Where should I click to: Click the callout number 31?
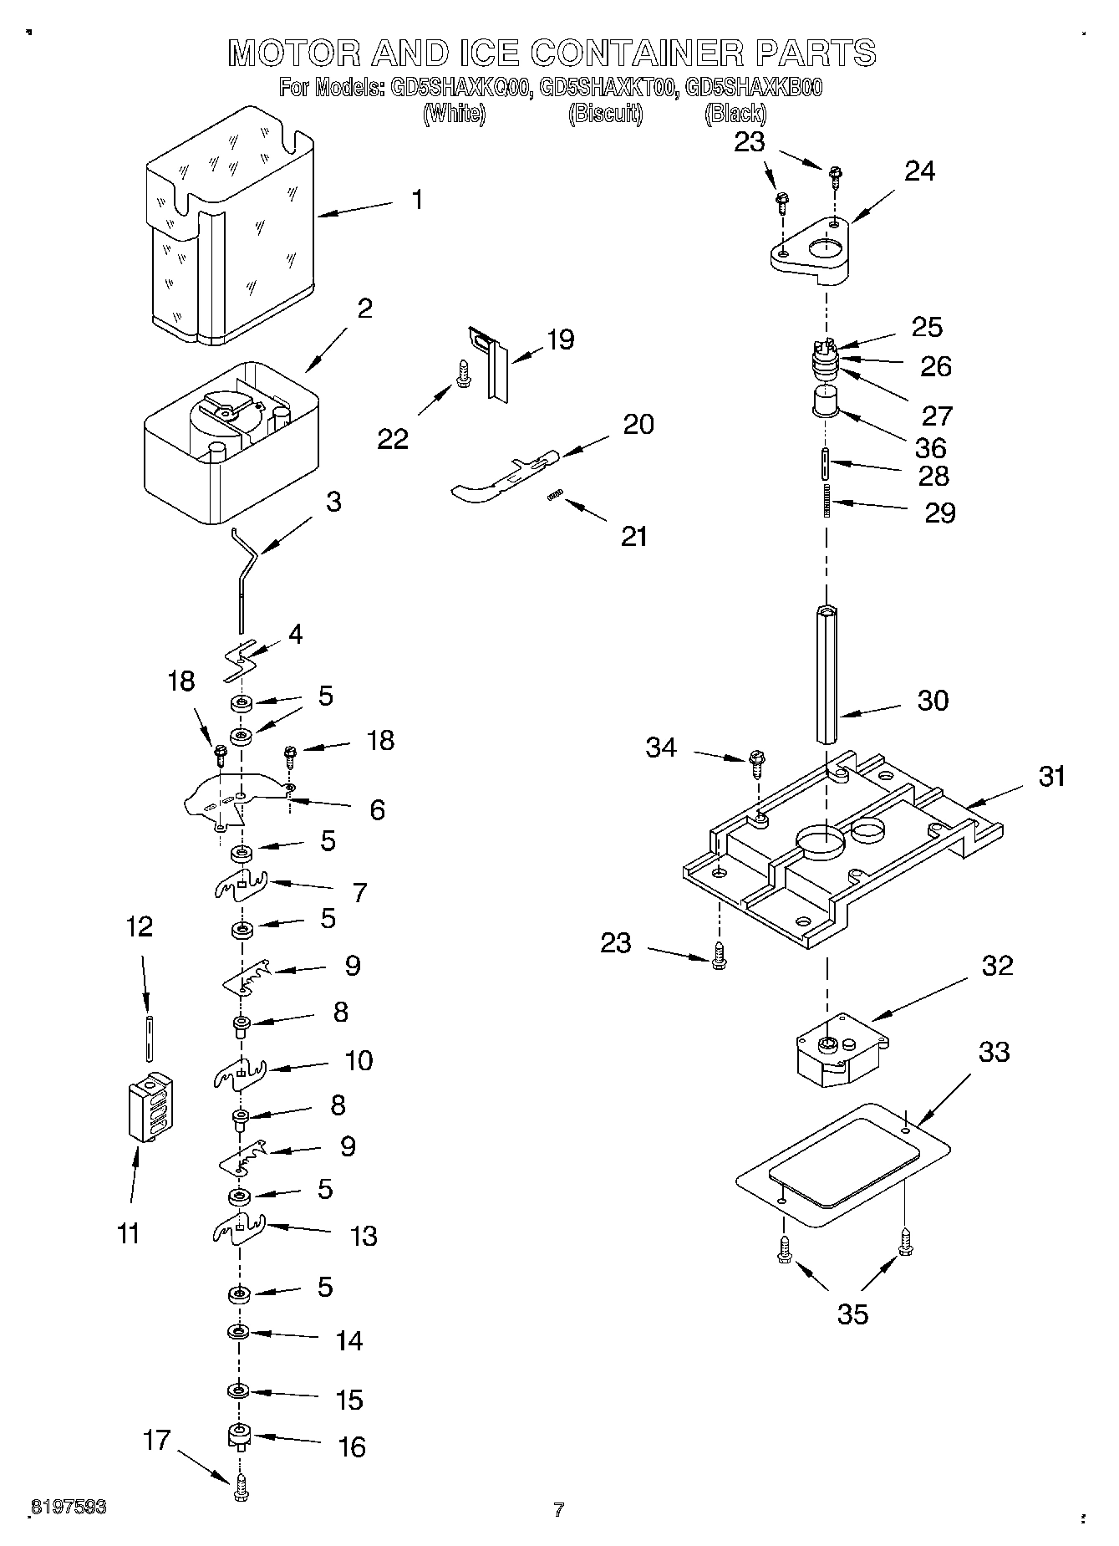click(1052, 776)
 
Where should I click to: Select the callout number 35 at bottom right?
click(852, 1314)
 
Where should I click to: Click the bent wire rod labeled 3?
click(243, 577)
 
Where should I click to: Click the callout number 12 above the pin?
click(140, 926)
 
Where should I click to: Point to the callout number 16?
click(352, 1447)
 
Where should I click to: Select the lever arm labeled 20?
click(501, 477)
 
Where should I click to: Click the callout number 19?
click(560, 339)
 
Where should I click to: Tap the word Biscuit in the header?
click(605, 114)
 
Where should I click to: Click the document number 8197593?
click(68, 1507)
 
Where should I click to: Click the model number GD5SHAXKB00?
click(753, 87)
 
